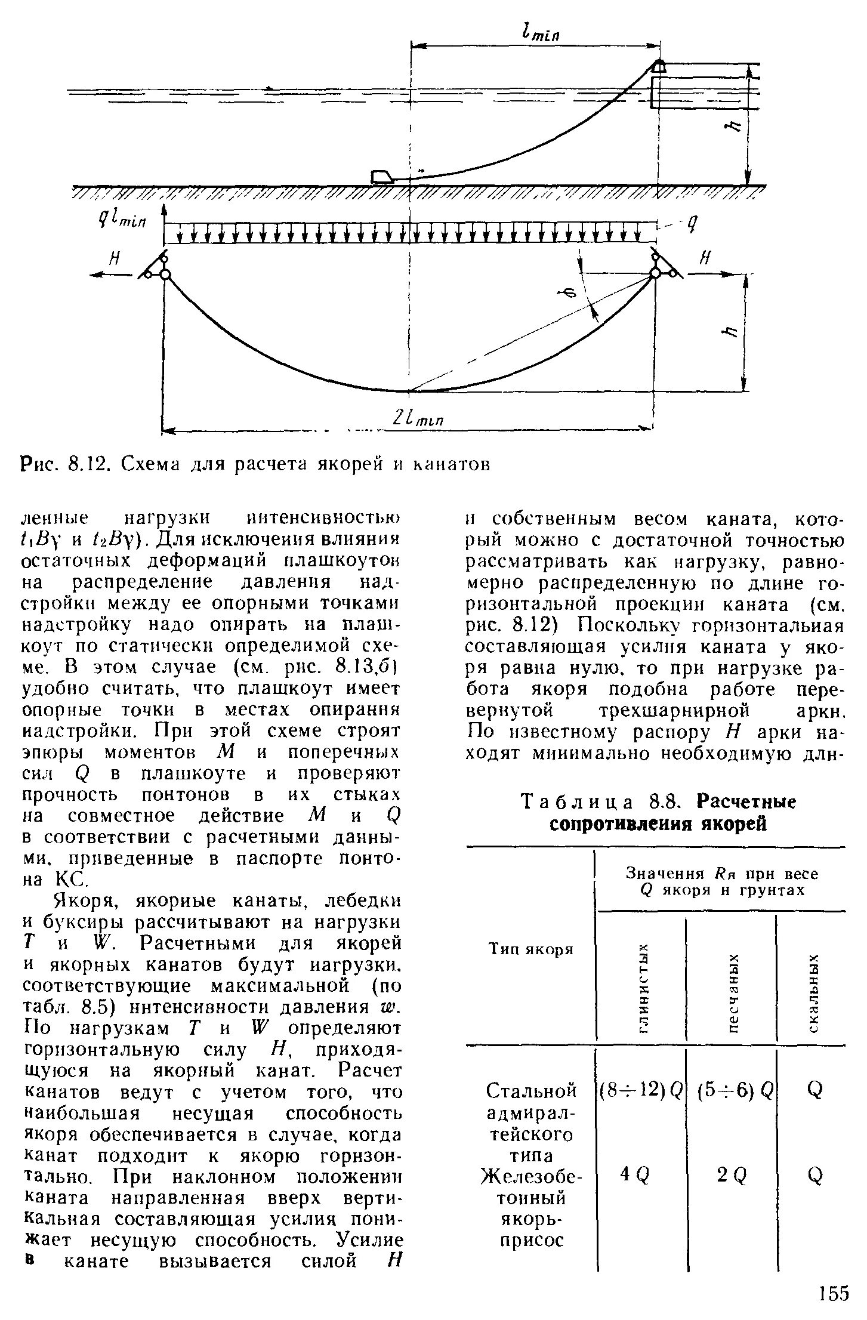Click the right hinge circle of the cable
point(655,273)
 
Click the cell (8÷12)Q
point(641,1090)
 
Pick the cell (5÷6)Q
point(732,1090)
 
